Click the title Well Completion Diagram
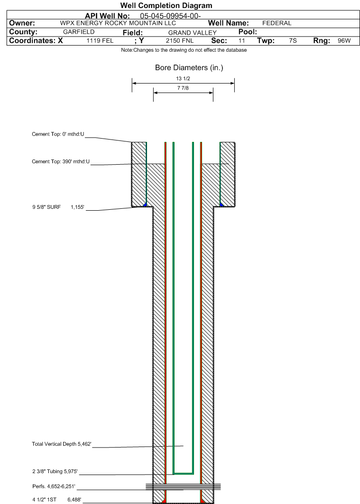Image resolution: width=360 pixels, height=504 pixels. pyautogui.click(x=166, y=6)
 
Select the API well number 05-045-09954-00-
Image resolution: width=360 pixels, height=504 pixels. pyautogui.click(x=170, y=16)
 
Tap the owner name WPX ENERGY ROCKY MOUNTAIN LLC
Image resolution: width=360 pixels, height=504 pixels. pyautogui.click(x=118, y=23)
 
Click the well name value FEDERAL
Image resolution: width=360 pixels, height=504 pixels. pyautogui.click(x=277, y=23)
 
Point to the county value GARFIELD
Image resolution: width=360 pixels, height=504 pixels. pyautogui.click(x=79, y=32)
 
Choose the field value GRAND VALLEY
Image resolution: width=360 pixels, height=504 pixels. pyautogui.click(x=193, y=32)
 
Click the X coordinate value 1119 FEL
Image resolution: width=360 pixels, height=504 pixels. pyautogui.click(x=100, y=41)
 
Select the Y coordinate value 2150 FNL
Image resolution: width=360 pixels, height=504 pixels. pyautogui.click(x=179, y=41)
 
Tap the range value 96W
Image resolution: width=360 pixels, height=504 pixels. pyautogui.click(x=344, y=41)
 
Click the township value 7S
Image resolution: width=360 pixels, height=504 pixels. pyautogui.click(x=293, y=41)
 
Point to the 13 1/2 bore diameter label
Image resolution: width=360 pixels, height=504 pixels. pyautogui.click(x=183, y=78)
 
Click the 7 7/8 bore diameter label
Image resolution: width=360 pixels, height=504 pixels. pyautogui.click(x=183, y=88)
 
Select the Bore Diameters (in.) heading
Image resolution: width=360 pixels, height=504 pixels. pyautogui.click(x=189, y=67)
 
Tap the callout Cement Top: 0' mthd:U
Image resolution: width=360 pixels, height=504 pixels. pyautogui.click(x=58, y=134)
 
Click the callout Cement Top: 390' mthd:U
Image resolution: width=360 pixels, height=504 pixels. pyautogui.click(x=61, y=161)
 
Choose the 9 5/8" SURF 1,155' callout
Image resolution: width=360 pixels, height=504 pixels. pyautogui.click(x=58, y=207)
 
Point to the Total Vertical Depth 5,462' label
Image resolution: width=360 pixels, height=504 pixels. pyautogui.click(x=61, y=444)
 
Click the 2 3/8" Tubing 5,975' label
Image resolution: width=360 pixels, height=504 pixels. pyautogui.click(x=55, y=471)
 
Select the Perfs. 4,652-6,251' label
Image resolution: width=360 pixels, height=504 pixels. pyautogui.click(x=54, y=486)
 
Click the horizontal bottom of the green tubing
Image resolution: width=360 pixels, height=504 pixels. pyautogui.click(x=184, y=474)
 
